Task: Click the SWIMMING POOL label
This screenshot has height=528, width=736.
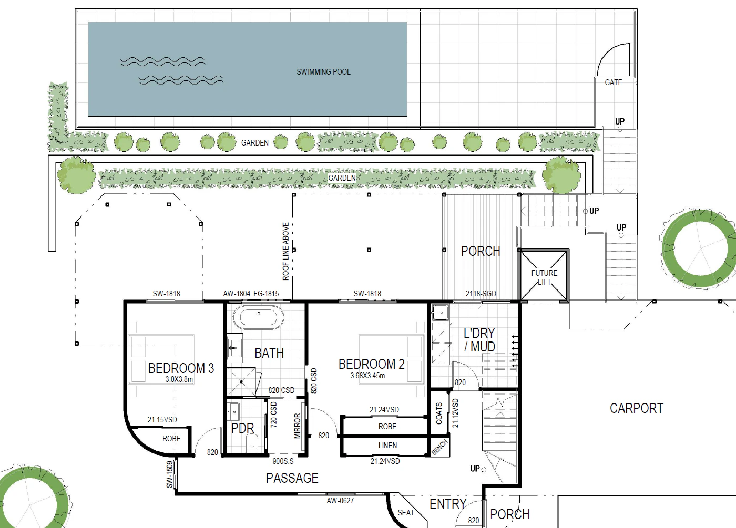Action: click(x=323, y=72)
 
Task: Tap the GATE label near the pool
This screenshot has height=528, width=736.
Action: click(x=614, y=82)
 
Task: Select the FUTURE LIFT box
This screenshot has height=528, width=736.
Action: click(x=544, y=275)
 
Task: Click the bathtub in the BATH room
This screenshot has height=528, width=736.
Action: click(x=259, y=317)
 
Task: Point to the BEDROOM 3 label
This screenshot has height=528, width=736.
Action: click(x=181, y=368)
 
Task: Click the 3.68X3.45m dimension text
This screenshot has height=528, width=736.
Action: click(x=367, y=376)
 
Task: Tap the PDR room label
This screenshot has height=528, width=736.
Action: click(x=242, y=428)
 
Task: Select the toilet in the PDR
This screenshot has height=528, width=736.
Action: click(x=252, y=442)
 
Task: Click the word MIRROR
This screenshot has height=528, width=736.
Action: click(x=298, y=426)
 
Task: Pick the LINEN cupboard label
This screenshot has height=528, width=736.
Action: click(x=387, y=446)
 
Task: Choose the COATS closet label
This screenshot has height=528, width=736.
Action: click(x=439, y=413)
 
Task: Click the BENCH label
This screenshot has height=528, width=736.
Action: click(x=439, y=447)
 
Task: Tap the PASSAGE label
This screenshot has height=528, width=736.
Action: click(x=292, y=478)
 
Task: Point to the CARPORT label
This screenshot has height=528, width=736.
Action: click(x=637, y=408)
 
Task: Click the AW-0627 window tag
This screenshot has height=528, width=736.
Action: click(x=340, y=501)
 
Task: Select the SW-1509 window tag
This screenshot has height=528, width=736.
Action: click(x=169, y=474)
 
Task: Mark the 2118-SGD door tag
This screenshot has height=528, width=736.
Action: click(x=481, y=294)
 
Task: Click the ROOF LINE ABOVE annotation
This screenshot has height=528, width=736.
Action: click(x=285, y=252)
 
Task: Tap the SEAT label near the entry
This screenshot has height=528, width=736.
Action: click(x=406, y=513)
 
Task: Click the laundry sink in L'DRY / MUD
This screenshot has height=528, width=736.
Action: click(x=440, y=312)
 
